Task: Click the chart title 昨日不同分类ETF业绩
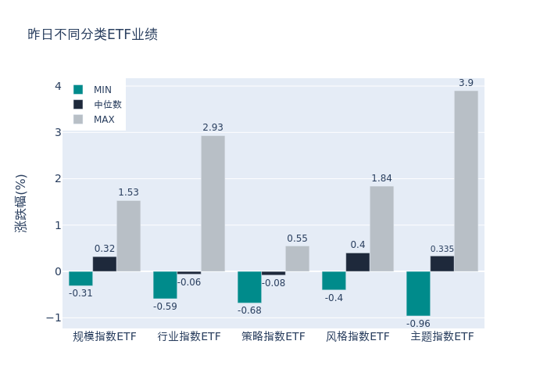(92, 34)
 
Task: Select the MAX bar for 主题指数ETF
(466, 181)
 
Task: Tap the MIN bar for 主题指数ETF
(418, 293)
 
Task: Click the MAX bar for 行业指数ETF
(213, 203)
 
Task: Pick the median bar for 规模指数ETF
(105, 264)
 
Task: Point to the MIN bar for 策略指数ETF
(249, 287)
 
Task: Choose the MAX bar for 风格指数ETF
(381, 228)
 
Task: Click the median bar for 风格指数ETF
(358, 262)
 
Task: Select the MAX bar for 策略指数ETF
(297, 259)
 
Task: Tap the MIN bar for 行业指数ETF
(165, 285)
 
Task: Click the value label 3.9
(466, 83)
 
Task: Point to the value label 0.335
(442, 249)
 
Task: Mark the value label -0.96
(418, 323)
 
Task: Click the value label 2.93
(213, 127)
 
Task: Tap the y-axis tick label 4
(58, 86)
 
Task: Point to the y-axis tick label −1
(53, 317)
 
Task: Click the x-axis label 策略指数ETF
(273, 337)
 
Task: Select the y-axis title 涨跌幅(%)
(21, 203)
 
